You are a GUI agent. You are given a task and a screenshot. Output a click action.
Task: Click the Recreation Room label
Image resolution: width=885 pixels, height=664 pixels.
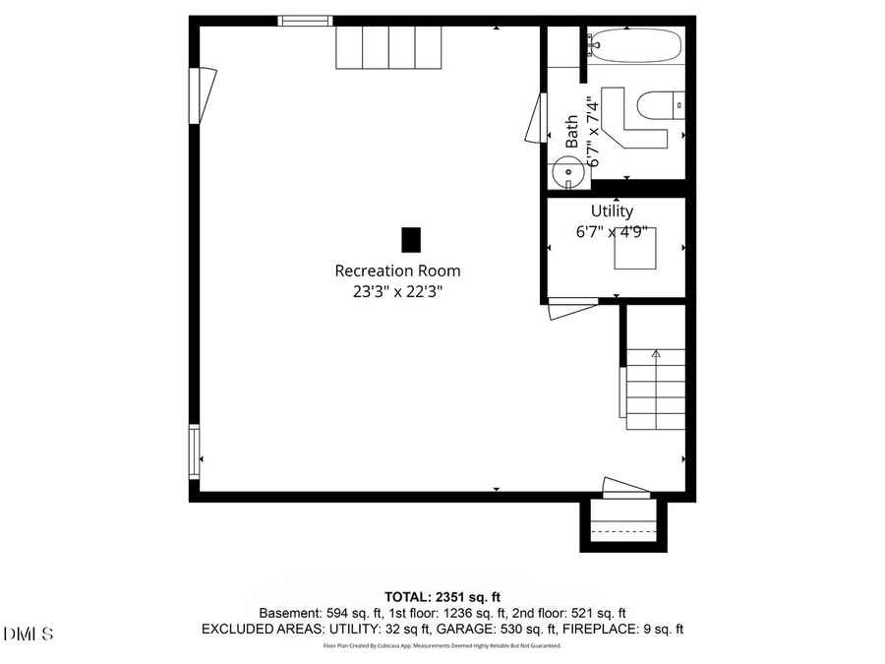point(397,271)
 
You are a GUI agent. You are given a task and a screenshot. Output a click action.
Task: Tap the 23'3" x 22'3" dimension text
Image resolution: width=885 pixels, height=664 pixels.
point(397,291)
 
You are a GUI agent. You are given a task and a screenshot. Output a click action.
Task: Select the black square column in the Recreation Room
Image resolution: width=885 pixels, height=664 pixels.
point(411,239)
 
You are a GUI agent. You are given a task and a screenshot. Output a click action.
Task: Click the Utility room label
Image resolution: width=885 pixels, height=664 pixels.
point(612,211)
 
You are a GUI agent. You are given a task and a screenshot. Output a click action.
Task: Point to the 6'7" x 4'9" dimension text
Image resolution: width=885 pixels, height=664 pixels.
point(612,232)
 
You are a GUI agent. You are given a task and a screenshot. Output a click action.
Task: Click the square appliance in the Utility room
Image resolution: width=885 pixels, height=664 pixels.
point(635,247)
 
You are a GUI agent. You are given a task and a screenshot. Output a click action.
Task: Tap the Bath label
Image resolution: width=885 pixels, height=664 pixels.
point(571,132)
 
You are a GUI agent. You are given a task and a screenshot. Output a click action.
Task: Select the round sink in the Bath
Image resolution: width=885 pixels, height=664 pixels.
point(567,172)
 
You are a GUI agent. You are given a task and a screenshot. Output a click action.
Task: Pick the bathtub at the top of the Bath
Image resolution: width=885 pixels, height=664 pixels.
point(635,45)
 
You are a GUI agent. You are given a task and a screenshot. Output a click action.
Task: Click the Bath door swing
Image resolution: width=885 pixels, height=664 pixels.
point(535,118)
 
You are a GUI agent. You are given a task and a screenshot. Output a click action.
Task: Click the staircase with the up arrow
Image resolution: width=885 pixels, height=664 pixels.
point(655,390)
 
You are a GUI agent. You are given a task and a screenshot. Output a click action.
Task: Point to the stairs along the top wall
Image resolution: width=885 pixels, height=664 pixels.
point(388,47)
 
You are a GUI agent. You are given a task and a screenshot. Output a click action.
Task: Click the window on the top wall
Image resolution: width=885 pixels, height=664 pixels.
point(305,21)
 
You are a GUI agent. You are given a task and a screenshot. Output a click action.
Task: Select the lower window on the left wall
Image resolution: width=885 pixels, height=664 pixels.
point(195,452)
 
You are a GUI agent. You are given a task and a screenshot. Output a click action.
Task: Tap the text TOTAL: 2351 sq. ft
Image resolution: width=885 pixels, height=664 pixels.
point(442,596)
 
